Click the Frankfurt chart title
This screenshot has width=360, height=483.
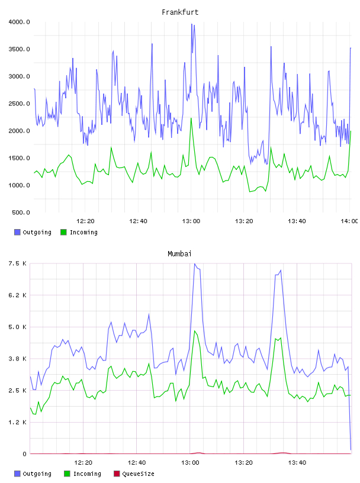(180, 12)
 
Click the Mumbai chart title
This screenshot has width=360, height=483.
(179, 254)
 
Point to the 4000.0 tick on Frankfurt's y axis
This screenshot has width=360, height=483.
(19, 22)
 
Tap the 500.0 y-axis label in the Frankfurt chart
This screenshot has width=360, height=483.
(21, 212)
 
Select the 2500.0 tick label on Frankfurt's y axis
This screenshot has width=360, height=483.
(19, 104)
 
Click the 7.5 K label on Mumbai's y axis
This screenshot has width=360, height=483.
(18, 263)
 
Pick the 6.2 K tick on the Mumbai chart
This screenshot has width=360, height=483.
(18, 295)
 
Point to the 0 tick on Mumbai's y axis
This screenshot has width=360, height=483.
(24, 454)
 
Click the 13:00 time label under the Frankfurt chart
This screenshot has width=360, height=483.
(191, 221)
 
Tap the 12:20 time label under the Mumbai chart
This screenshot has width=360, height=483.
(83, 463)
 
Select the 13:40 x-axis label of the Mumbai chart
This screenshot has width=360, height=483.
(297, 463)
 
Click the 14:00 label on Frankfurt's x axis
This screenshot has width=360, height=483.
(349, 221)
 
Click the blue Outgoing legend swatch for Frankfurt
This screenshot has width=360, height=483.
(17, 232)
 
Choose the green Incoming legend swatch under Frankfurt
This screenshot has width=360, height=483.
(63, 232)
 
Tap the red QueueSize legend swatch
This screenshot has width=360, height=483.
(117, 474)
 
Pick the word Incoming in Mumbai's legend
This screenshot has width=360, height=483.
(87, 474)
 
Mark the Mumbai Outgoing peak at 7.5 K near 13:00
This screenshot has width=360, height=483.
(194, 263)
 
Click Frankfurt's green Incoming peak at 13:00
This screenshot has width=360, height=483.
(191, 118)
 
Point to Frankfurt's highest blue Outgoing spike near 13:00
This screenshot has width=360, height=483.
(191, 24)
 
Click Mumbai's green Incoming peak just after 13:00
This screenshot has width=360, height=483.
(194, 331)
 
